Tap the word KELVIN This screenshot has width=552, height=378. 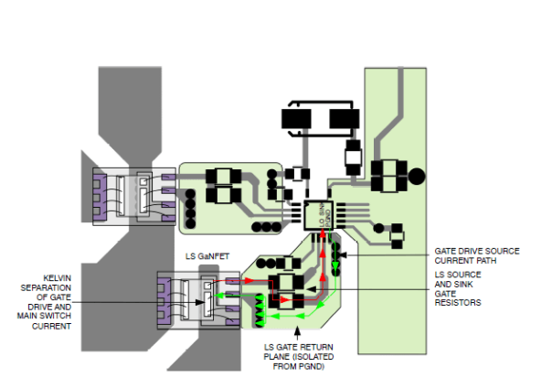point(60,277)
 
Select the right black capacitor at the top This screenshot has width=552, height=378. point(345,119)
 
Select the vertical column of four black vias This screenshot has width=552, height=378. point(190,209)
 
